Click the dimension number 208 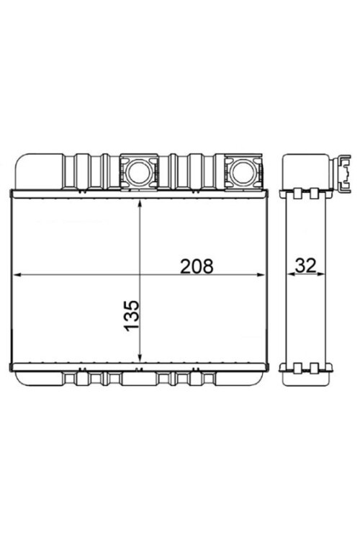pos(197,266)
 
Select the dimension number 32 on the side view pos(305,266)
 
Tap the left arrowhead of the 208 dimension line pos(19,274)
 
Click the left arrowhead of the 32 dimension pos(289,274)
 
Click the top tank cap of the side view pos(305,170)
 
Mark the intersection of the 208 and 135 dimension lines pos(140,274)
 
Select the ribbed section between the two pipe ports pos(189,171)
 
